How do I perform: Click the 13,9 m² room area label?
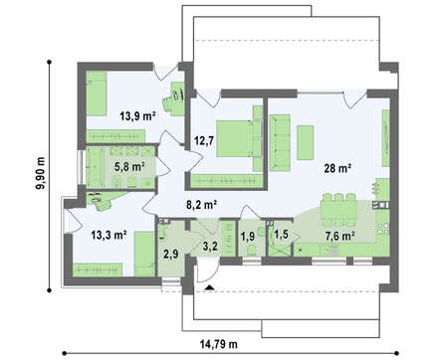click(138, 116)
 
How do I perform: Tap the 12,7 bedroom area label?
click(204, 140)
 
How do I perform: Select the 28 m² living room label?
click(337, 168)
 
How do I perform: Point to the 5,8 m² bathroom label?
click(129, 167)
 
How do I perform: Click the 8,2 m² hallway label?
click(201, 205)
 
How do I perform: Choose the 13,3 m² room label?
click(109, 235)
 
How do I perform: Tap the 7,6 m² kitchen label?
click(340, 236)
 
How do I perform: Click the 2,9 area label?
click(171, 255)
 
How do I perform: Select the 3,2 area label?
click(210, 246)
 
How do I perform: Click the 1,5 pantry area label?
click(282, 235)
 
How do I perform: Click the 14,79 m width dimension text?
click(219, 344)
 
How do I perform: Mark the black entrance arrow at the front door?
click(209, 287)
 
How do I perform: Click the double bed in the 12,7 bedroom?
click(239, 138)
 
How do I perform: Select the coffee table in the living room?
click(306, 142)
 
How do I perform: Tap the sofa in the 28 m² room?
click(280, 142)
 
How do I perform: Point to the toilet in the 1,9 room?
click(252, 251)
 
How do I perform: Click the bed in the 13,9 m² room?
click(97, 93)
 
